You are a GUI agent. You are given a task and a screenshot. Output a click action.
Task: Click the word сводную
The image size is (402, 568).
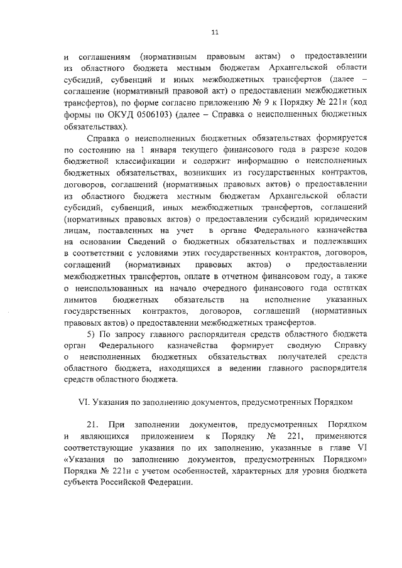coord(305,345)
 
